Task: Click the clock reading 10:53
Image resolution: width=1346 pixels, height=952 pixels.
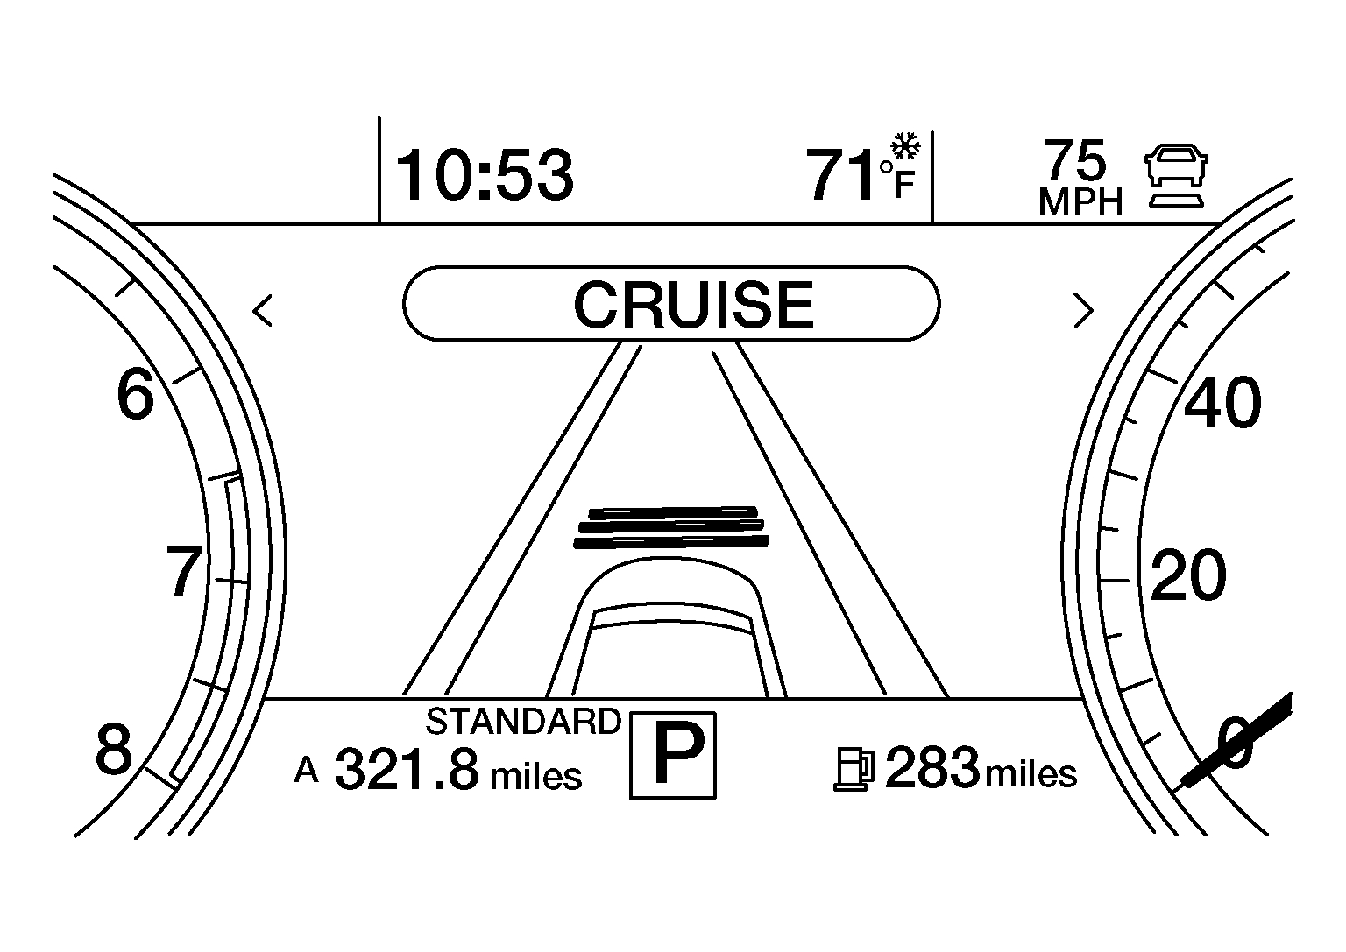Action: [x=485, y=175]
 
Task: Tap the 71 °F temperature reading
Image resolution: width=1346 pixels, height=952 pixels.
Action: [x=861, y=174]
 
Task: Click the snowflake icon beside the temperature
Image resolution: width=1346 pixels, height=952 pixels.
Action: [x=905, y=146]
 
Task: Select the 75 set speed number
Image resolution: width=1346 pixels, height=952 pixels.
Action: [x=1075, y=159]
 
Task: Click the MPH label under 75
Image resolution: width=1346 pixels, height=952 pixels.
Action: [x=1080, y=201]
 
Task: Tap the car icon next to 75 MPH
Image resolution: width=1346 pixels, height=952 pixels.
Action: [x=1176, y=175]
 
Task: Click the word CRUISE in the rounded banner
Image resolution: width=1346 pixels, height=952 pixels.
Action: [x=693, y=305]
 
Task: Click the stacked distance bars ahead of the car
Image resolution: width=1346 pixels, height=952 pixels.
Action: [x=671, y=527]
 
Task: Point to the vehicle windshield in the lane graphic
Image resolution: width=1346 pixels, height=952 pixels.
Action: [x=672, y=617]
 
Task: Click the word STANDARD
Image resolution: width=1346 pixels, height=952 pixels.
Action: [x=523, y=722]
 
